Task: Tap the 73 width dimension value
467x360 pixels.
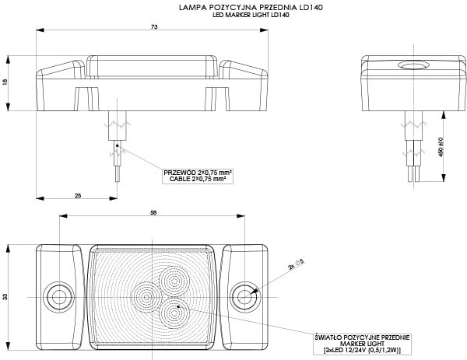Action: click(x=154, y=27)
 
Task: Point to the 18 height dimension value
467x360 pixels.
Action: click(x=5, y=82)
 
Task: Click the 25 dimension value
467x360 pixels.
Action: click(x=78, y=196)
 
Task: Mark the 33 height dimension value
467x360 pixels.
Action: click(x=5, y=295)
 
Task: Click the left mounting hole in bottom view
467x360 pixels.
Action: click(x=57, y=296)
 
